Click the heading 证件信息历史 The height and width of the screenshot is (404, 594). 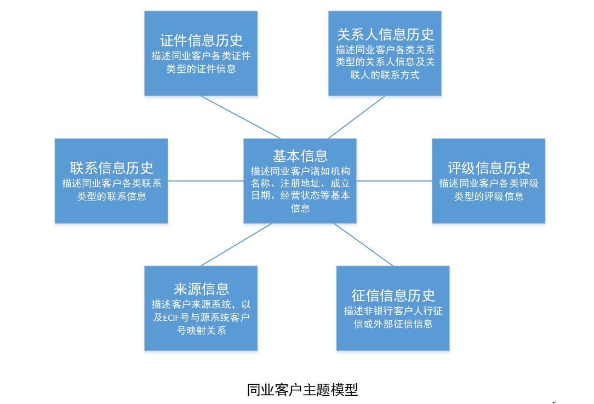(x=201, y=41)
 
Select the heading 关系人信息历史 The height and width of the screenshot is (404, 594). (x=385, y=34)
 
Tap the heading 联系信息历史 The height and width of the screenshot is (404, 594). (x=112, y=168)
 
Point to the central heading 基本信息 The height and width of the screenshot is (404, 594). (x=300, y=156)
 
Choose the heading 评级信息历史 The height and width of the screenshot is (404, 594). (x=489, y=168)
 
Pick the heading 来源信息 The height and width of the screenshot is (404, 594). (x=201, y=289)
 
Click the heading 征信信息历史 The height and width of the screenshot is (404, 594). (x=393, y=296)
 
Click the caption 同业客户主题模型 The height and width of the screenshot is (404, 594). (x=302, y=390)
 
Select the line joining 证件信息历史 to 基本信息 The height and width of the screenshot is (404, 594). (x=241, y=117)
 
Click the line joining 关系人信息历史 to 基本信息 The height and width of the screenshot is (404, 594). (x=356, y=117)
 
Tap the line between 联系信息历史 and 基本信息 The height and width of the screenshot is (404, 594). (x=205, y=181)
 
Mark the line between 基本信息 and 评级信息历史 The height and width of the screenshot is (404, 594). (x=394, y=181)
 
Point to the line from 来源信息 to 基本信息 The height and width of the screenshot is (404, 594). (x=236, y=245)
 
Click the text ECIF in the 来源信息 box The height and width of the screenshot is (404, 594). (x=175, y=318)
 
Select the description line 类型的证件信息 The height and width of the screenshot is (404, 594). (x=201, y=69)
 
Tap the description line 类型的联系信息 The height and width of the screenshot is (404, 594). (x=112, y=196)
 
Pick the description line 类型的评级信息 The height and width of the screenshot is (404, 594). (x=489, y=196)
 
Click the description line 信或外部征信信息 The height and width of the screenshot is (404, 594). (x=393, y=324)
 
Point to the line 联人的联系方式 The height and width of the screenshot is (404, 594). (x=385, y=75)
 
